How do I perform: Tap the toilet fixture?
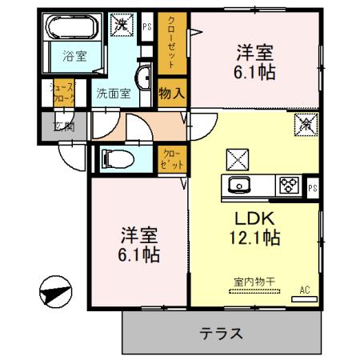113,158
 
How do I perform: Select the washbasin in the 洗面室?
146,79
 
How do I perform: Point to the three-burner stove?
288,186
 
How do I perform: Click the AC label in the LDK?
304,289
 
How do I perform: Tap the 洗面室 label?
112,93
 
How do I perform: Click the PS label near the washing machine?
147,26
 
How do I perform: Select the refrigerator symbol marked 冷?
306,124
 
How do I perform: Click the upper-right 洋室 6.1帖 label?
255,62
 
